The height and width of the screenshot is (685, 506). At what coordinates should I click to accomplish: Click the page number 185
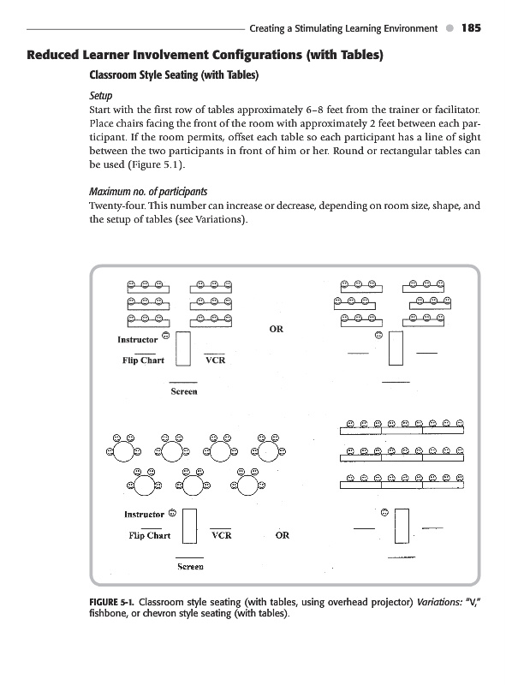[x=471, y=28]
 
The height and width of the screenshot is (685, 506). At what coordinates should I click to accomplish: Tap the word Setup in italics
[x=100, y=96]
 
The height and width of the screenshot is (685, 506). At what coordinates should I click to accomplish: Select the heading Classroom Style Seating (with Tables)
[x=174, y=75]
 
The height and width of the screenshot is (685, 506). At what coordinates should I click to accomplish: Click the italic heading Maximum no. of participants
[x=148, y=191]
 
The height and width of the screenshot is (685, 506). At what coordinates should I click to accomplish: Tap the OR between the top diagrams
[x=277, y=329]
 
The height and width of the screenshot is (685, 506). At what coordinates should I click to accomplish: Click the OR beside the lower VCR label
[x=283, y=535]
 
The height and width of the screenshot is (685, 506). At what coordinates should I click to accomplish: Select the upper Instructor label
[x=138, y=339]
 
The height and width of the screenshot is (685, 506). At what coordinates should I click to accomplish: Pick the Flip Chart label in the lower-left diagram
[x=150, y=536]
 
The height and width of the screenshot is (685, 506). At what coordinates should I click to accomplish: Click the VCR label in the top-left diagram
[x=216, y=360]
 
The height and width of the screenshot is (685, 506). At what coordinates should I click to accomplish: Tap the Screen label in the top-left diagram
[x=184, y=391]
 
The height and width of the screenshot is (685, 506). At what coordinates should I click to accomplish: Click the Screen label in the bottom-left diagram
[x=191, y=567]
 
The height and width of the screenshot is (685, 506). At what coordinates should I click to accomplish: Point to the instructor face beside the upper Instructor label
[x=165, y=336]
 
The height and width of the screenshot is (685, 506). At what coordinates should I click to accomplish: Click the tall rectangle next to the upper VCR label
[x=183, y=348]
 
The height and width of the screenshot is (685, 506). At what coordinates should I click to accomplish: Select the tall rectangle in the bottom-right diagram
[x=402, y=526]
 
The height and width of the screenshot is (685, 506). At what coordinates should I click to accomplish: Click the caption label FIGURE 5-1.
[x=112, y=602]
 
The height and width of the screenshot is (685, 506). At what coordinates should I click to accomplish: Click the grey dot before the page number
[x=450, y=28]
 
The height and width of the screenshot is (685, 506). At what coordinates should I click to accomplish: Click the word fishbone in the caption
[x=109, y=613]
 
